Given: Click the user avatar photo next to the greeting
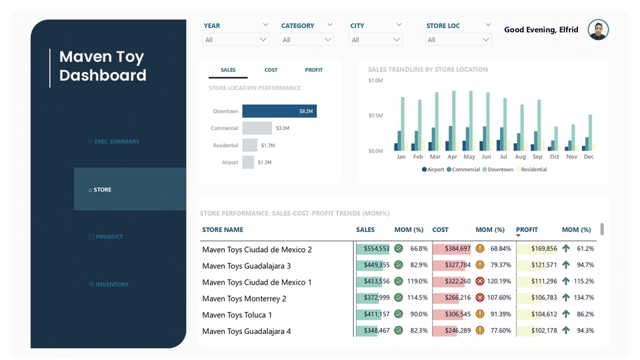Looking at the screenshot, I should coord(598,30).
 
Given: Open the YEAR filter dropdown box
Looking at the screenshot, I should coord(235,40).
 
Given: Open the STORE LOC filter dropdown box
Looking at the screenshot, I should coord(459,40).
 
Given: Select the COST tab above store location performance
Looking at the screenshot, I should coord(271,70).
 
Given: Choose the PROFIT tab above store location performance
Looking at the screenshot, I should coord(313,70).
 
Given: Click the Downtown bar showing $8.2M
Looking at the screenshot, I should coord(279,111).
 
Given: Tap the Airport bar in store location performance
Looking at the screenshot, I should coord(248,162).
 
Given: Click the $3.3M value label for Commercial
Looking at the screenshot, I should coord(282,128).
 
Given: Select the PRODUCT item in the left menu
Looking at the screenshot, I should coord(109,237).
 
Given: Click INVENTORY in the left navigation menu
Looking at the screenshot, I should coord(111,285).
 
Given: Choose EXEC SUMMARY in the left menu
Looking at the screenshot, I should coord(117,141).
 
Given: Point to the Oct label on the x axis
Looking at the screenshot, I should coord(555,157).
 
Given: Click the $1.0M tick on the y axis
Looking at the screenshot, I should coord(375,81).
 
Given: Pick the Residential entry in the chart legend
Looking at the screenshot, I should coord(533,169).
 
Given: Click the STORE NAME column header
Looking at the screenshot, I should coord(223,230).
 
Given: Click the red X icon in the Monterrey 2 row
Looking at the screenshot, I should coord(480,298).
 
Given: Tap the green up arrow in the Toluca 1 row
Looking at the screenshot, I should coord(566,315).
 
